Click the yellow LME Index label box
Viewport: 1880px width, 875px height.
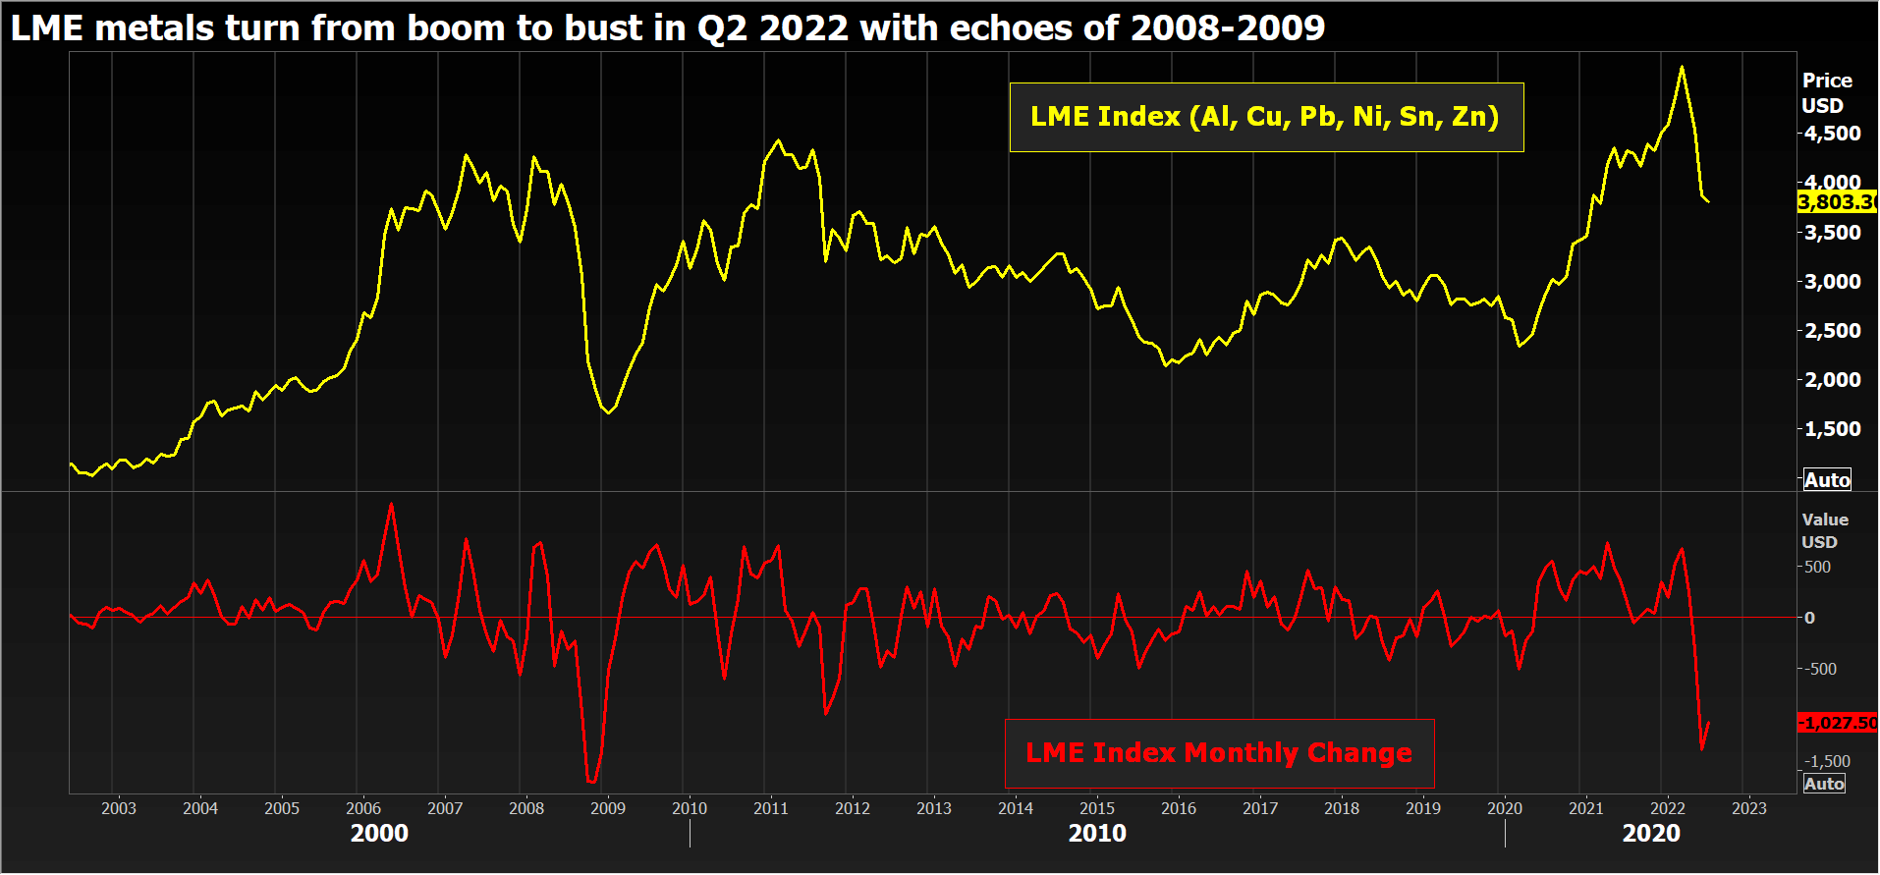click(1265, 117)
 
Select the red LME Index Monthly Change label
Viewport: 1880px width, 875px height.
click(1219, 753)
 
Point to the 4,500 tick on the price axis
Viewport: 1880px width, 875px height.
click(1832, 134)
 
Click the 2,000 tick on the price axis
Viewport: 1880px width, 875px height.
click(1832, 380)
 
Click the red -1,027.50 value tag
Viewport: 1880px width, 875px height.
click(1837, 723)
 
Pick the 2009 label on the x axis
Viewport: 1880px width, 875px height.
click(608, 808)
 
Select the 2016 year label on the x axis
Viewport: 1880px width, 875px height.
click(1179, 808)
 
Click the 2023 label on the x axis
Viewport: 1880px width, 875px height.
click(1748, 808)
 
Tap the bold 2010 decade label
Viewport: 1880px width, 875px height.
click(1097, 834)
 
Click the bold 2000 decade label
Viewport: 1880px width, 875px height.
click(379, 834)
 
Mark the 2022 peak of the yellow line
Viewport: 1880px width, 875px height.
click(1682, 67)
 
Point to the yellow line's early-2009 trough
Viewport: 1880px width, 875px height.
click(608, 412)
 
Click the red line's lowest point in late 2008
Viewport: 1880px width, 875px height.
click(591, 782)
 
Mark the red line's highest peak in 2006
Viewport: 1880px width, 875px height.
click(392, 505)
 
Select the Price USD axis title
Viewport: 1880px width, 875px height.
click(1826, 93)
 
